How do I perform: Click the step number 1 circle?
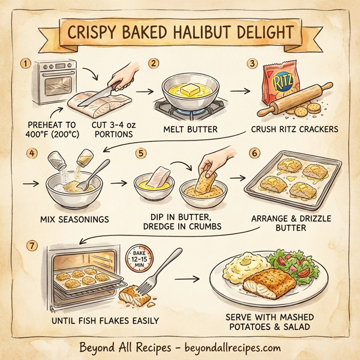click(x=25, y=63)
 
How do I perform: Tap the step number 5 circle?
click(x=142, y=153)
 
